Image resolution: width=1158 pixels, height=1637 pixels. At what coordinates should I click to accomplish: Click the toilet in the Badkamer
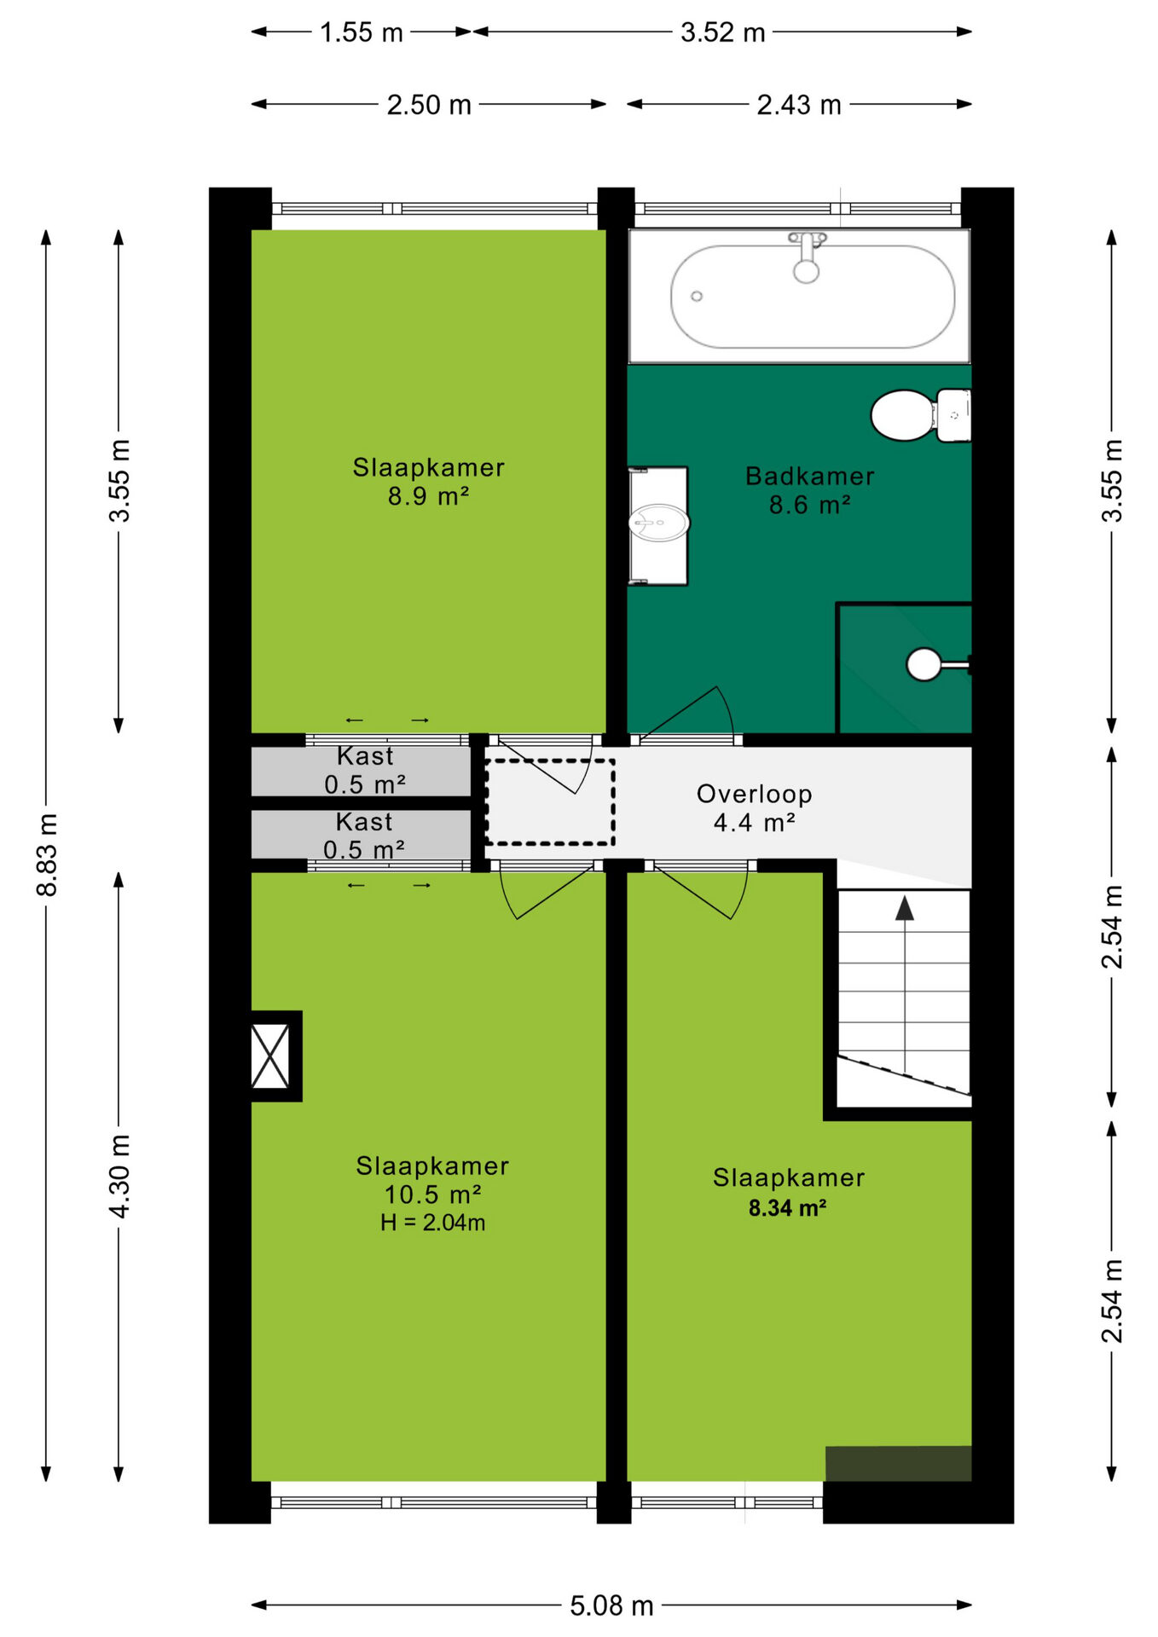point(920,416)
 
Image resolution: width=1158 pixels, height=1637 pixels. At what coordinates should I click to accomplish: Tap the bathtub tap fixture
point(807,257)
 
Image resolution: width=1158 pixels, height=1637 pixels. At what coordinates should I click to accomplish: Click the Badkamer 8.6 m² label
point(809,490)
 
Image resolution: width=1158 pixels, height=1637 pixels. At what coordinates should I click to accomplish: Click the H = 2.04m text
point(432,1223)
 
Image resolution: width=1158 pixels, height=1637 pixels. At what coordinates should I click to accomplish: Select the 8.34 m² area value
point(787,1207)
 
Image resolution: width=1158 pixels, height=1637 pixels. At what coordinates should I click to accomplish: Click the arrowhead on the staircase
point(905,908)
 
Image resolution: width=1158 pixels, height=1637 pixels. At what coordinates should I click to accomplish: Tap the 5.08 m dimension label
point(611,1605)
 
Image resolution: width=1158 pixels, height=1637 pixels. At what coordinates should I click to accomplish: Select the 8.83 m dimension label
point(48,854)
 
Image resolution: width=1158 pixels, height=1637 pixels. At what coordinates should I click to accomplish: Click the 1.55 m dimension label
point(361,32)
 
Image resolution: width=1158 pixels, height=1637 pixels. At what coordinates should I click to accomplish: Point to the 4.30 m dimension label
point(120,1176)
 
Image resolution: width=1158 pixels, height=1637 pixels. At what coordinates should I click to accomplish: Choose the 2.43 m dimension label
point(799,105)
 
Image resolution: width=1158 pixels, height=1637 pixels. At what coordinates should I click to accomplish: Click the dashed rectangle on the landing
point(550,802)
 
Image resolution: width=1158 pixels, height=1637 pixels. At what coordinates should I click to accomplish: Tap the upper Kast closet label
point(364,770)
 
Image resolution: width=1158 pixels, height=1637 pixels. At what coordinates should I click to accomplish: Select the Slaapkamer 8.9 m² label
point(428,481)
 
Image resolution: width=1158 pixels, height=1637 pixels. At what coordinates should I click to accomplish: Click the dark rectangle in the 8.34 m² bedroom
point(898,1463)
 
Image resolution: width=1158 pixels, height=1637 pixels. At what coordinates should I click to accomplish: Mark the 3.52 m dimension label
point(723,32)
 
